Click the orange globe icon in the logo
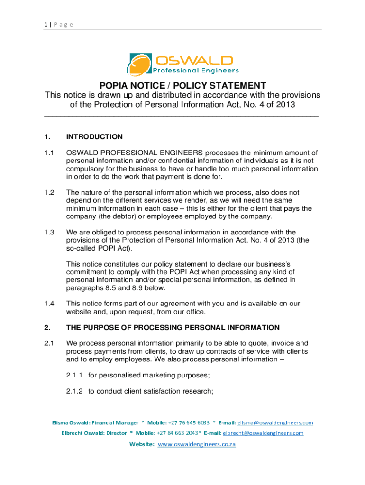(x=139, y=65)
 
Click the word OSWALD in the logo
(x=194, y=60)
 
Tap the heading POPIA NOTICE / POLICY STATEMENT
(x=182, y=86)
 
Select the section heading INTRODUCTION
(x=94, y=137)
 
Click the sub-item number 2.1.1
(x=75, y=376)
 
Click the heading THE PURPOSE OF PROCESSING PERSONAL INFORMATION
(x=173, y=327)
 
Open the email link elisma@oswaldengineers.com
(x=275, y=422)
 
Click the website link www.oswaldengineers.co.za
(x=196, y=444)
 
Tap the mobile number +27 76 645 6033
(x=189, y=422)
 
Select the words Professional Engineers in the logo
(x=195, y=71)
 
